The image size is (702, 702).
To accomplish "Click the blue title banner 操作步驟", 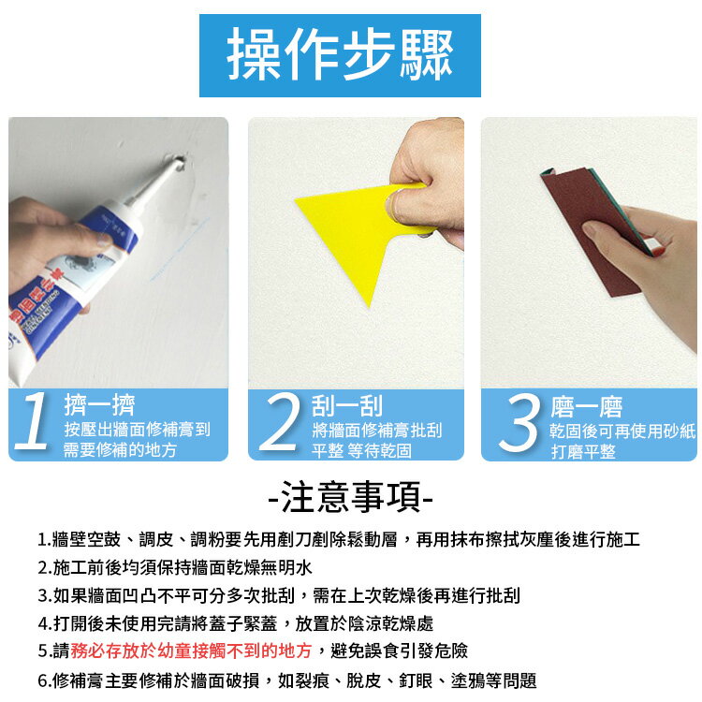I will point(340,55).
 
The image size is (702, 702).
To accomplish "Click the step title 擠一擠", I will point(99,405).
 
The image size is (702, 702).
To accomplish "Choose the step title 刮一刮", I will point(347,405).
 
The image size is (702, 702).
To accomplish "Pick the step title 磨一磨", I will point(587,406).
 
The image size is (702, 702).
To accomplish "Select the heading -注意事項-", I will point(350,497).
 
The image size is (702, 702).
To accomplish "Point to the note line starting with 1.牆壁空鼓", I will point(339,540).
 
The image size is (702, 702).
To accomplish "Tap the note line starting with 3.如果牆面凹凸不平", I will point(279,595).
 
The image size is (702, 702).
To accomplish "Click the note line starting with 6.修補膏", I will point(286,680).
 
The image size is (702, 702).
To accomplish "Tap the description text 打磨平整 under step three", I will point(583,451).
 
